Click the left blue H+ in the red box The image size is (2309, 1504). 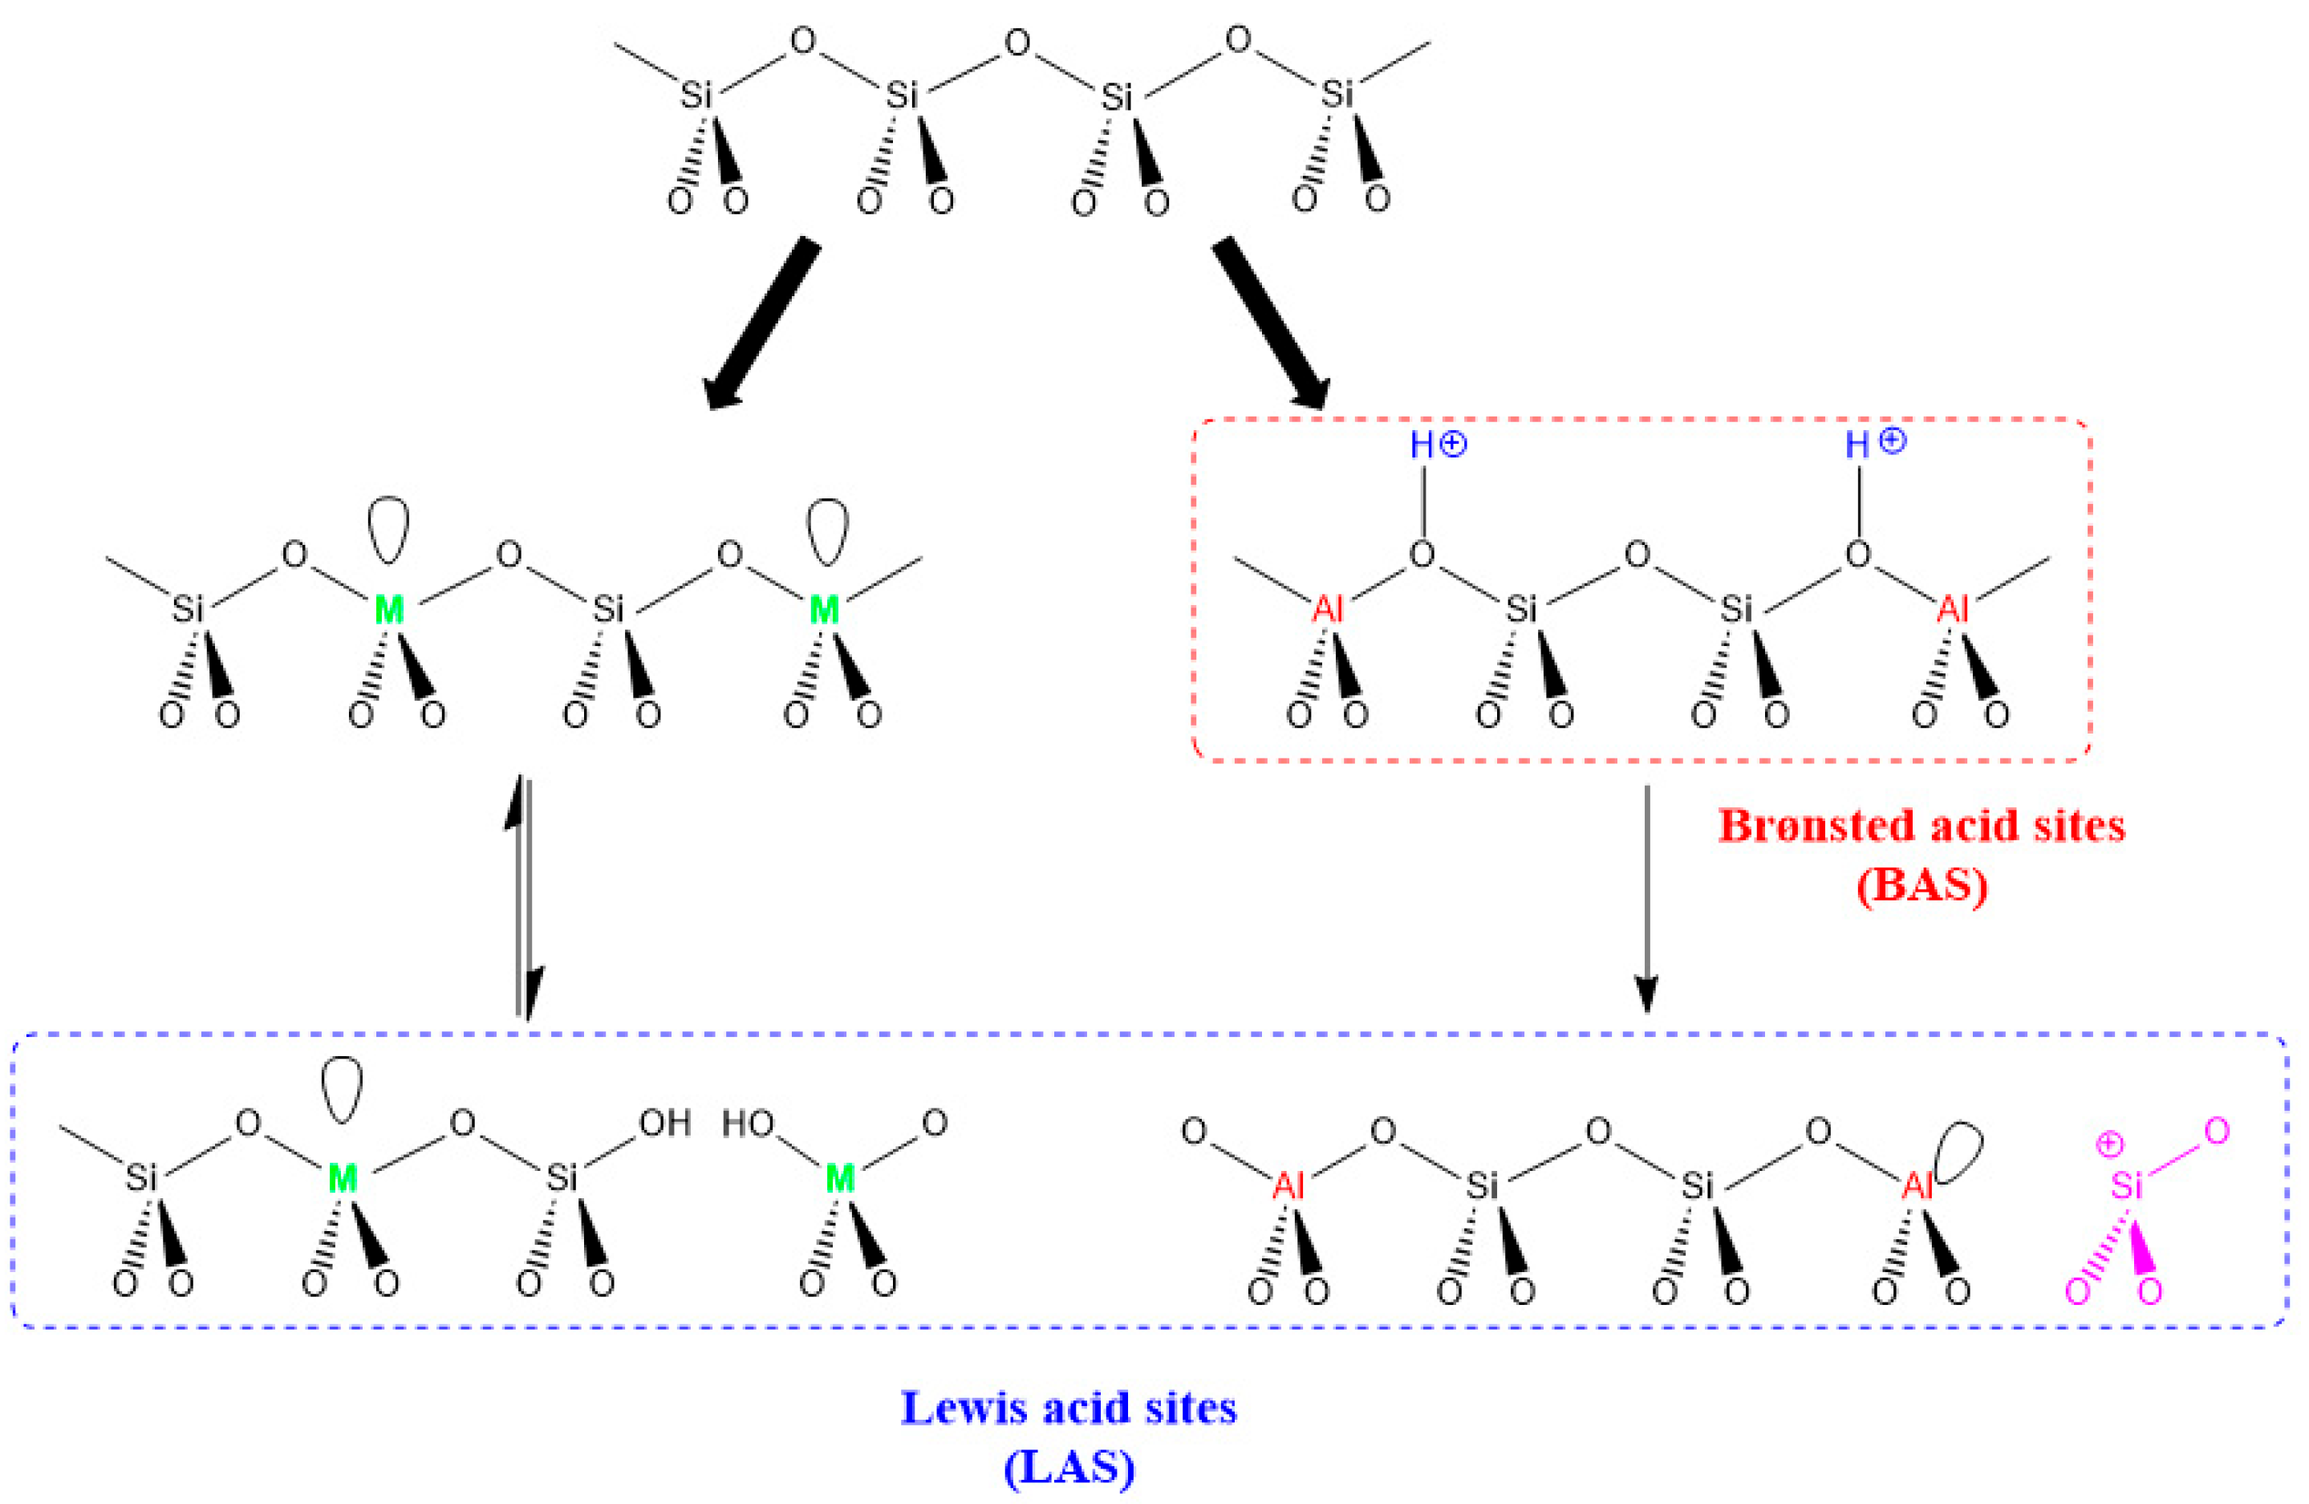1438,445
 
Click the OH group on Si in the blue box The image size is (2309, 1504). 664,1124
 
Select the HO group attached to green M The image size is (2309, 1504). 747,1124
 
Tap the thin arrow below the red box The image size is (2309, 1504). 1646,897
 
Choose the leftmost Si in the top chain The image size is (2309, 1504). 696,95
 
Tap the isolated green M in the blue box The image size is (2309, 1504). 839,1179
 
